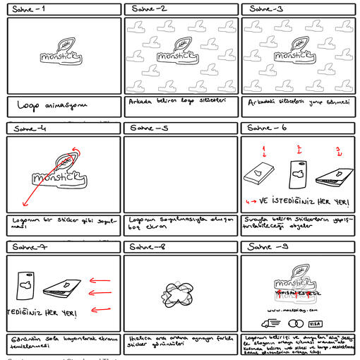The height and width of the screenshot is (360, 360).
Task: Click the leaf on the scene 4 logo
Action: [71, 160]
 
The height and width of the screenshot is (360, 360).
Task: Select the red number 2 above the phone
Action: [299, 149]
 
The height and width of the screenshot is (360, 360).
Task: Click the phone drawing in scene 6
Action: [299, 174]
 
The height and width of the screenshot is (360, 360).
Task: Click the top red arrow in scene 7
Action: [100, 282]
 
